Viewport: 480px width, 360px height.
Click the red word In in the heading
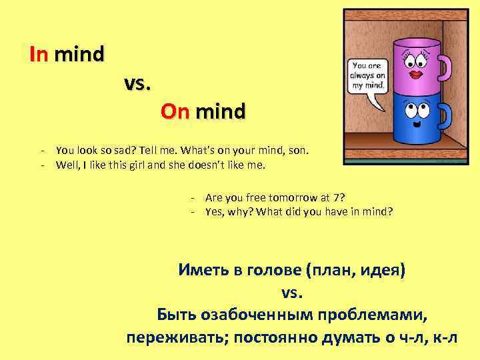coord(39,54)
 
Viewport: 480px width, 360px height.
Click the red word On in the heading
coord(175,111)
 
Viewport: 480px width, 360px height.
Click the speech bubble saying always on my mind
coord(367,77)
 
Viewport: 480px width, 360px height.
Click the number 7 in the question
coord(340,198)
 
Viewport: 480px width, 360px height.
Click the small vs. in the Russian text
coord(291,293)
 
